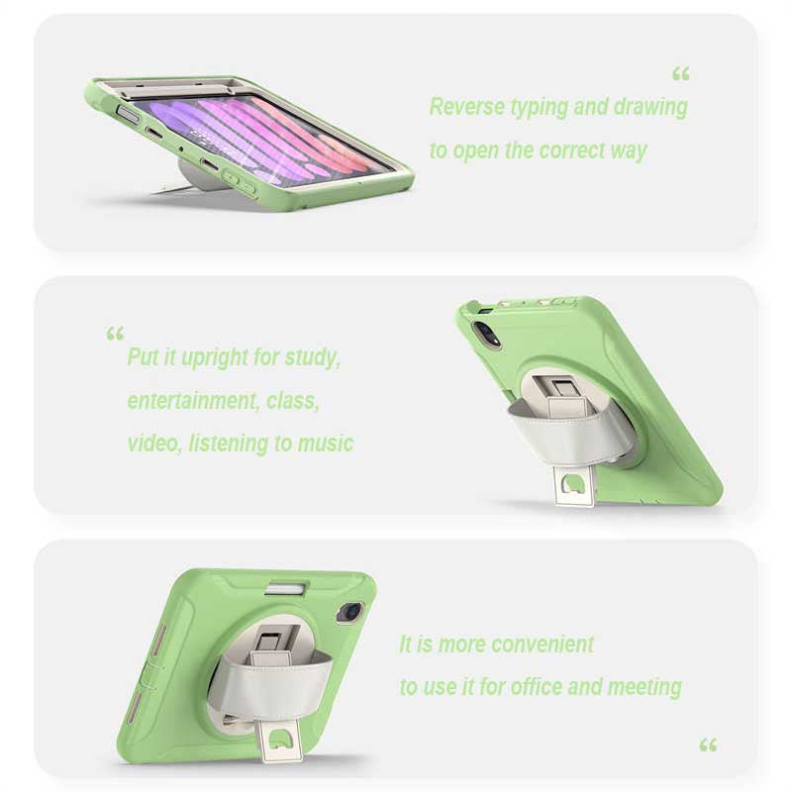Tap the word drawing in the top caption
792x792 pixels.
click(650, 108)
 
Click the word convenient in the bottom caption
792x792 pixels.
click(542, 644)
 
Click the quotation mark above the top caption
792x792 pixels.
click(681, 75)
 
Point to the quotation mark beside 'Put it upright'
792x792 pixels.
click(115, 334)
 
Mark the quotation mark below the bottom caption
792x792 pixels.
click(708, 745)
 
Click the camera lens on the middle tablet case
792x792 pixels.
click(486, 333)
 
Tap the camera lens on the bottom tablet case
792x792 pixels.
click(349, 613)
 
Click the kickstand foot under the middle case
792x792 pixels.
click(574, 486)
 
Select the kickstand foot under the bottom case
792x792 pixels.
click(281, 741)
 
